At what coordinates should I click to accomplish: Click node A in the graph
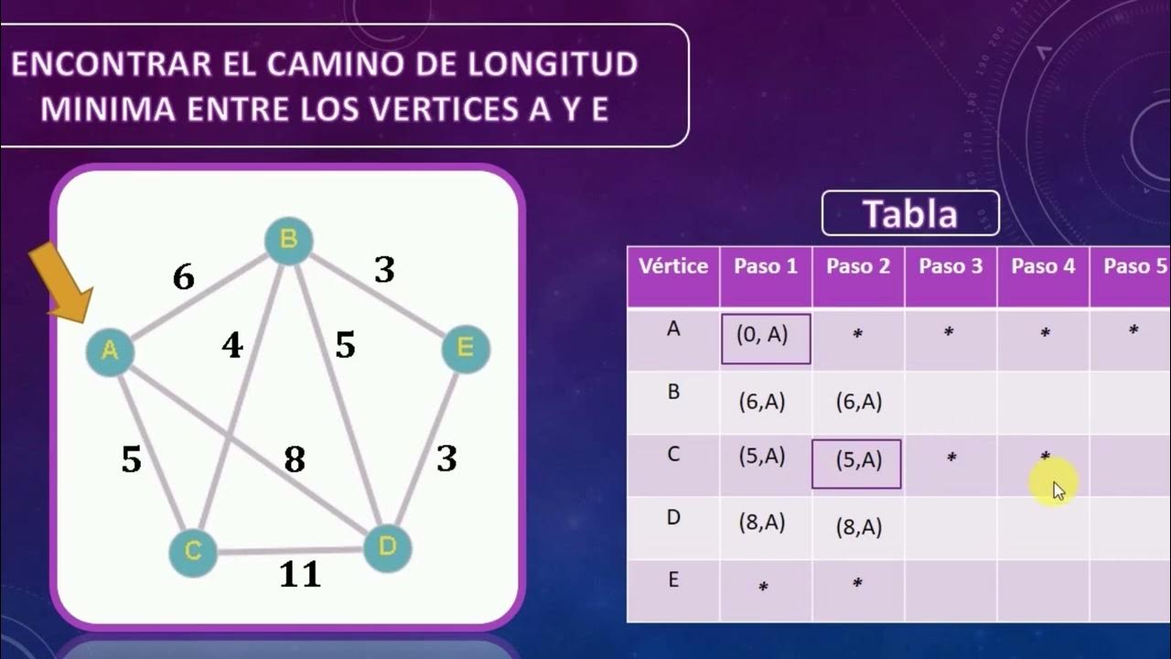point(110,351)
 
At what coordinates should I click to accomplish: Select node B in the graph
point(288,241)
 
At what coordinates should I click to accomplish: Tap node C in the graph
point(193,552)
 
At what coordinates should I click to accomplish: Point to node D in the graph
point(387,547)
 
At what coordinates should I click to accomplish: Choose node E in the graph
point(465,349)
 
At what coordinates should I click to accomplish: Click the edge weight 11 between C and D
point(300,575)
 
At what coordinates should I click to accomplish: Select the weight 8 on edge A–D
point(294,459)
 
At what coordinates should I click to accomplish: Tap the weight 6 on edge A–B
point(184,276)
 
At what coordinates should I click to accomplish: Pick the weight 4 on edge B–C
point(232,346)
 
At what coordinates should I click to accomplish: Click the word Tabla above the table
point(910,214)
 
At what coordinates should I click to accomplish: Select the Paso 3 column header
point(951,266)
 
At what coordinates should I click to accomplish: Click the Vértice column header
point(673,266)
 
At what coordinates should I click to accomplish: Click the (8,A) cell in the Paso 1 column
point(762,523)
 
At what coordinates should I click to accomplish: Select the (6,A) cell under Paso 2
point(858,401)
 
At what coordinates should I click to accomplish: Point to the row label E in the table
point(673,580)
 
